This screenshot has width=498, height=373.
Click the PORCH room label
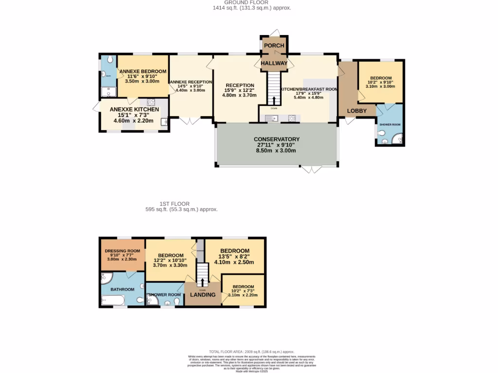pyautogui.click(x=274, y=46)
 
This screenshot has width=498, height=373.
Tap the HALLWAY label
pyautogui.click(x=274, y=64)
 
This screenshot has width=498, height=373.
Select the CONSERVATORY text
pyautogui.click(x=276, y=139)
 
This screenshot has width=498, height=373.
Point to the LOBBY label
pyautogui.click(x=356, y=111)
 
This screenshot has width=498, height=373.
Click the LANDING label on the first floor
pyautogui.click(x=202, y=295)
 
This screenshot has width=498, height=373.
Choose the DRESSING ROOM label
pyautogui.click(x=123, y=251)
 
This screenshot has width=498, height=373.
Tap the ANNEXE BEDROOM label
pyautogui.click(x=143, y=71)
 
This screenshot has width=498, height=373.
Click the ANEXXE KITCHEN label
pyautogui.click(x=134, y=110)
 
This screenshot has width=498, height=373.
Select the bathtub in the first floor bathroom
pyautogui.click(x=113, y=301)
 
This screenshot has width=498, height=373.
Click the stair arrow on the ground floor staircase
pyautogui.click(x=274, y=101)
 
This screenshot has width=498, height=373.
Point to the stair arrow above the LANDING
pyautogui.click(x=202, y=283)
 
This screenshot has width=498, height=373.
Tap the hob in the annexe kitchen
pyautogui.click(x=151, y=102)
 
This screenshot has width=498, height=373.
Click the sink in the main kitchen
pyautogui.click(x=271, y=118)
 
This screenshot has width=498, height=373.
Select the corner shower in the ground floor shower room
pyautogui.click(x=399, y=140)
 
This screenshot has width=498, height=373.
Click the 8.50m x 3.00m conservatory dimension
pyautogui.click(x=276, y=151)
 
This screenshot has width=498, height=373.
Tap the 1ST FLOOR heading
pyautogui.click(x=175, y=204)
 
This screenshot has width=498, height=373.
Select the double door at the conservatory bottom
pyautogui.click(x=312, y=170)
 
